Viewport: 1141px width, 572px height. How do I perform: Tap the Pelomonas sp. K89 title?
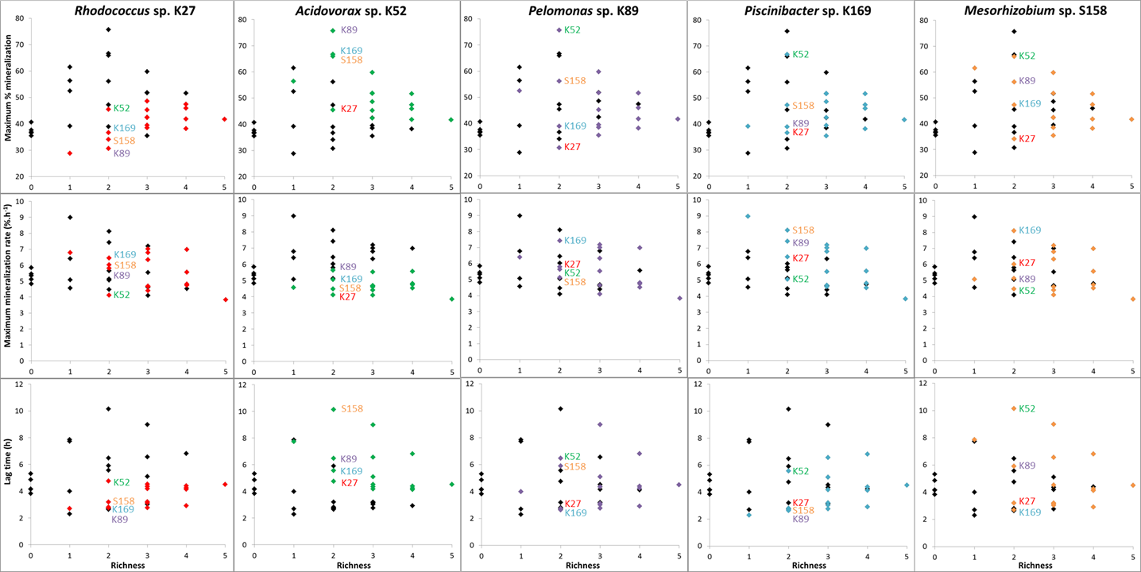point(573,10)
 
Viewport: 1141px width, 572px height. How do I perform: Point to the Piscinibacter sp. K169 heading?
point(799,10)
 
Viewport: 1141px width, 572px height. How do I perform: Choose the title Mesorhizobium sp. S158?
point(1027,10)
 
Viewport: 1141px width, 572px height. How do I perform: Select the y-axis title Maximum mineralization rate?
point(8,283)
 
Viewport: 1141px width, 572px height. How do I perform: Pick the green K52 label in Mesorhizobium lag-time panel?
point(1027,409)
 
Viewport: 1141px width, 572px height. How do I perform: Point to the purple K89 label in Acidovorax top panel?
point(349,30)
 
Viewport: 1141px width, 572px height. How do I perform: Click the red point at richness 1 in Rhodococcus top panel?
point(70,153)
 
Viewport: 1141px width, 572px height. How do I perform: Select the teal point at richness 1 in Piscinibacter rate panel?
point(748,216)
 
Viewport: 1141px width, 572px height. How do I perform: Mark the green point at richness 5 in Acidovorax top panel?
point(451,119)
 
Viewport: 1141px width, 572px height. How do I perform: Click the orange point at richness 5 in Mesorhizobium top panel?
point(1131,119)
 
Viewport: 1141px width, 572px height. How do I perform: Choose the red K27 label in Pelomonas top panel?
point(572,147)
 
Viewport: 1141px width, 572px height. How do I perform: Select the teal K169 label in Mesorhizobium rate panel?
point(1030,230)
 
